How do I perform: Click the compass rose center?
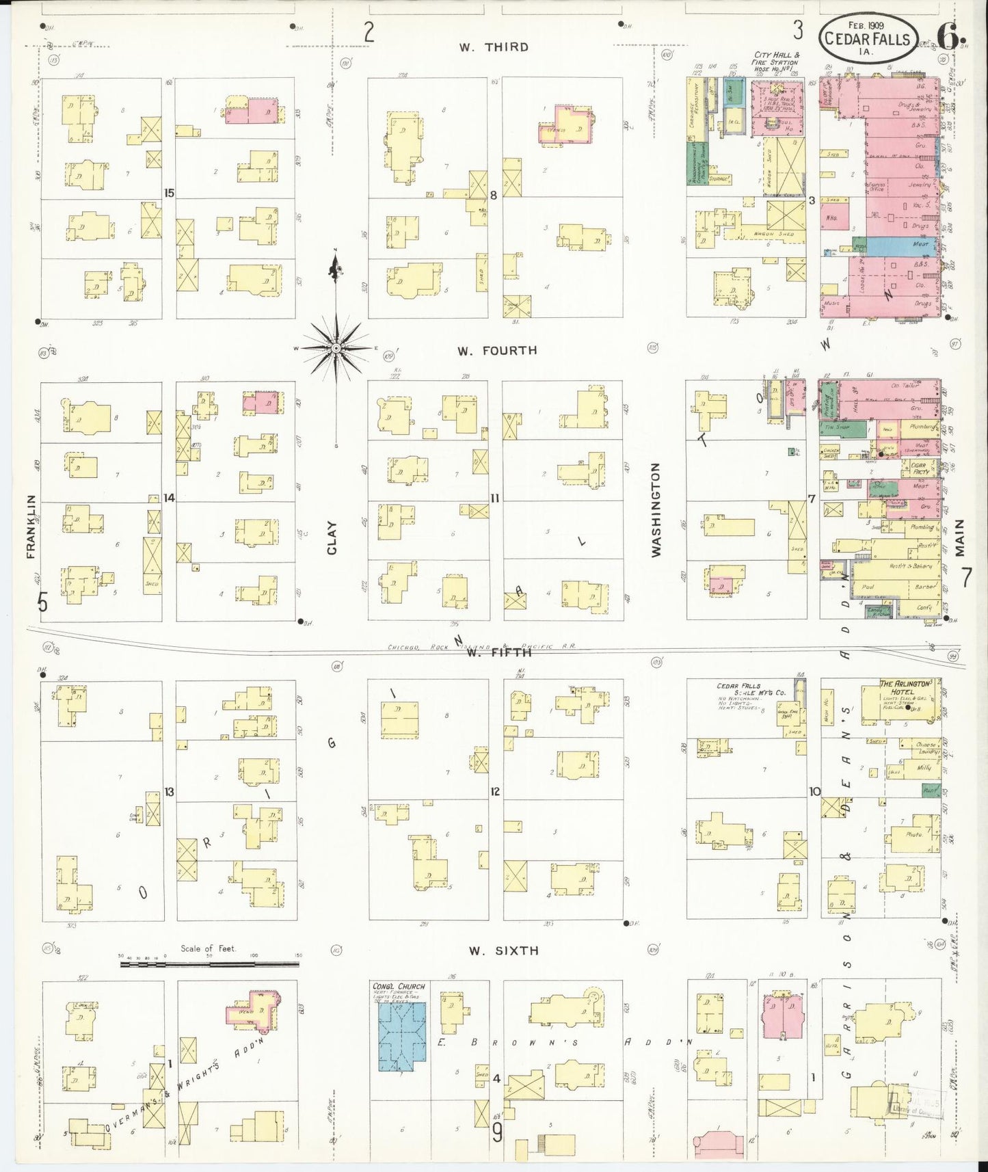point(336,349)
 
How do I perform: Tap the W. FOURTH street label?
point(497,351)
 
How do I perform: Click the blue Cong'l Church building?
point(402,1037)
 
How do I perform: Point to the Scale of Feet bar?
point(209,964)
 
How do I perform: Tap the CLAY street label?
point(332,537)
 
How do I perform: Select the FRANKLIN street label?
point(31,527)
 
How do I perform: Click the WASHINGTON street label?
point(656,509)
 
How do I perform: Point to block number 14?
point(169,498)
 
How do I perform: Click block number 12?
point(495,792)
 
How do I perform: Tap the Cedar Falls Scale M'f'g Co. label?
point(751,689)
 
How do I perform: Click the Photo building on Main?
point(913,835)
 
